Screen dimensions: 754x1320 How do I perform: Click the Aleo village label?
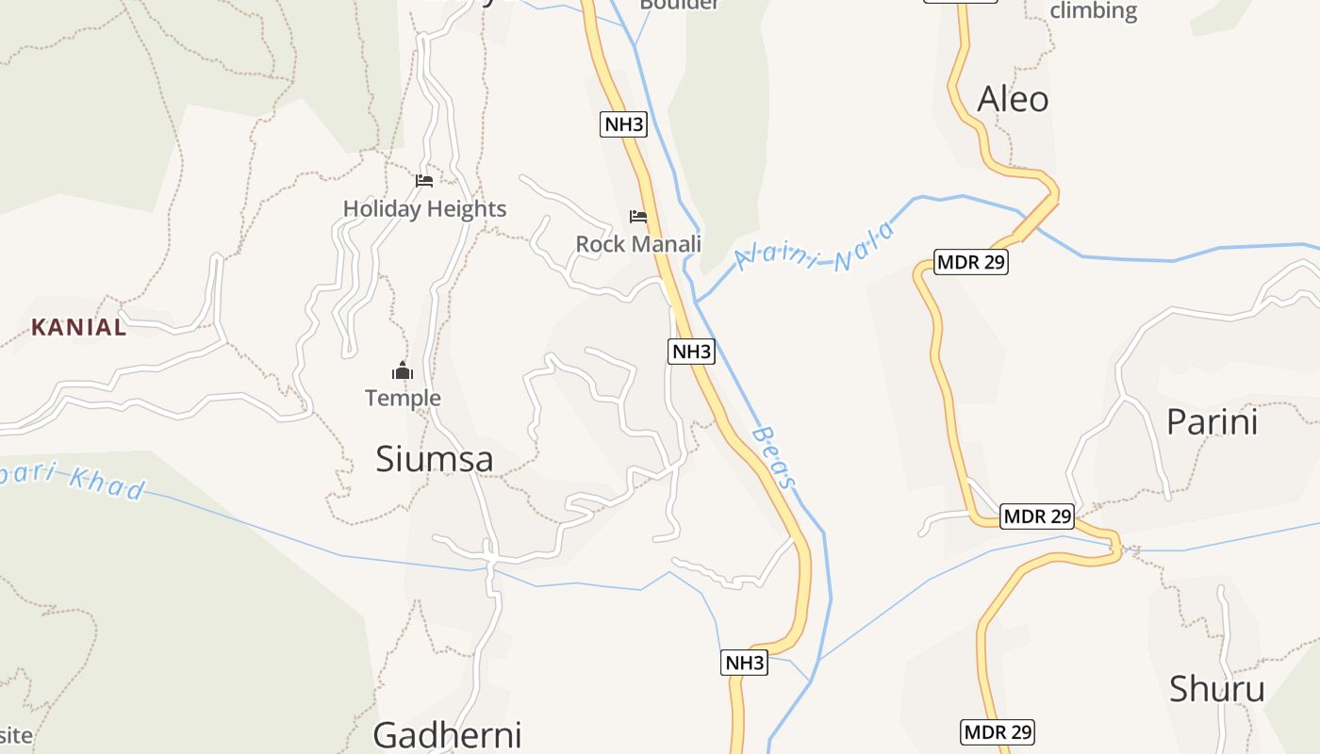click(x=1013, y=99)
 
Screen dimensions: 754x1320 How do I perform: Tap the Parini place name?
click(x=1212, y=421)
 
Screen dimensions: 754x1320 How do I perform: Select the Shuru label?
click(x=1216, y=689)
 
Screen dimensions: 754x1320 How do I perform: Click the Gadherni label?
click(x=447, y=734)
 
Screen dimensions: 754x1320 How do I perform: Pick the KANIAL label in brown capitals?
click(x=79, y=327)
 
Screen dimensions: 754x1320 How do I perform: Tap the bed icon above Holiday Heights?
click(x=423, y=180)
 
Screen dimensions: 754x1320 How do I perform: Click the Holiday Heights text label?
click(x=424, y=208)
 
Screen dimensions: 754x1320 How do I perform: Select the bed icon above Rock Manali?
click(x=638, y=216)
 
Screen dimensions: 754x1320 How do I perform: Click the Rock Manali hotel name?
click(x=638, y=244)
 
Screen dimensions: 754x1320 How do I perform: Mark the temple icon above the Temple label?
click(x=403, y=370)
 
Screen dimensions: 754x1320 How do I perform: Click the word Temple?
click(x=403, y=398)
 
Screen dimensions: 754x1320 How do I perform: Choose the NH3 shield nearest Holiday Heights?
click(x=623, y=123)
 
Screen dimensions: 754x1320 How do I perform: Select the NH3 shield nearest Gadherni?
click(x=744, y=663)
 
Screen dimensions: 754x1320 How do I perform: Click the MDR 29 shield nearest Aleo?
click(x=971, y=262)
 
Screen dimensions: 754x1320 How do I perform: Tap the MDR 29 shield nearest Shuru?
click(x=998, y=731)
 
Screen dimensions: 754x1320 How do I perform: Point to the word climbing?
click(x=1093, y=11)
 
